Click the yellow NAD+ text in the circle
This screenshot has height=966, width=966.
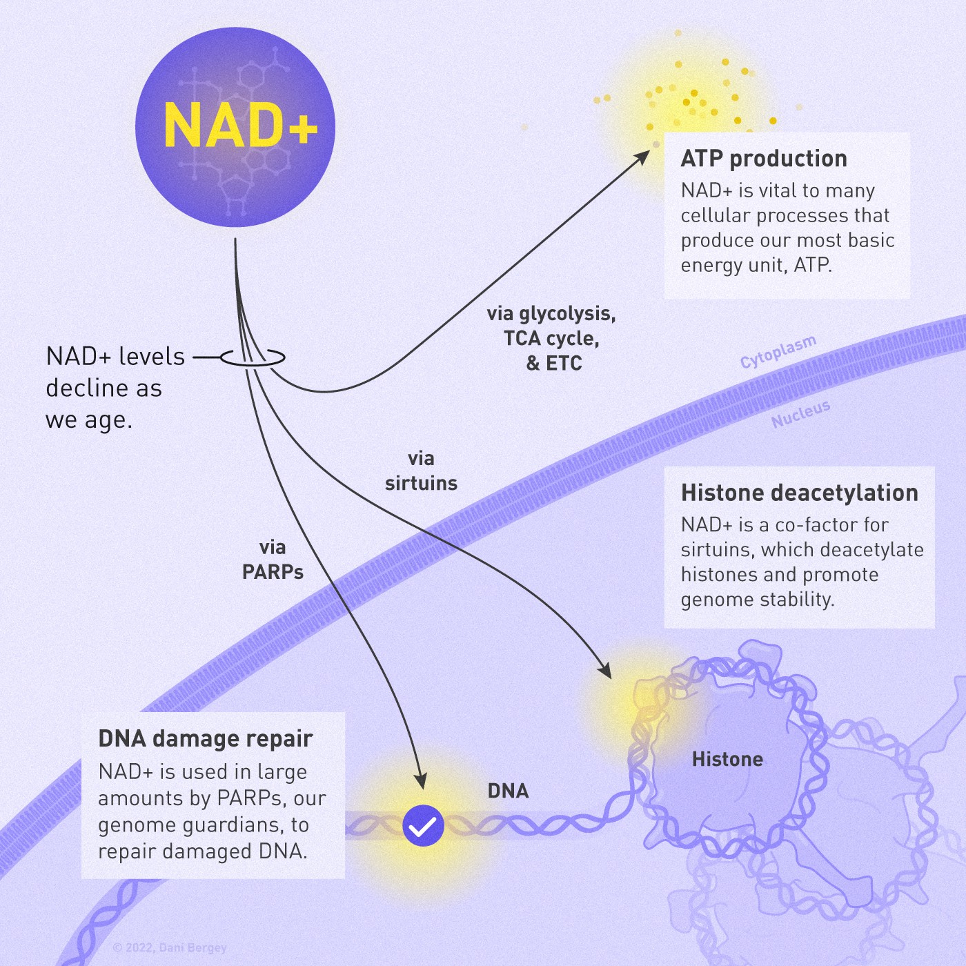240,126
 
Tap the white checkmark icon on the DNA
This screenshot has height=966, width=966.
423,825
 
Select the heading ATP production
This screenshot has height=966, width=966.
764,159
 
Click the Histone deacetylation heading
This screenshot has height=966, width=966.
799,493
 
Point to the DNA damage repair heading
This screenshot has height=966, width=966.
206,738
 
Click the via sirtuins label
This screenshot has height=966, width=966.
421,471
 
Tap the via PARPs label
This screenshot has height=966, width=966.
273,560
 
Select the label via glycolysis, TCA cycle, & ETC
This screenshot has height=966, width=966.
551,338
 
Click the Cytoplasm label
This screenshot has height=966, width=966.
778,352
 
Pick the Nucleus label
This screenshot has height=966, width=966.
800,414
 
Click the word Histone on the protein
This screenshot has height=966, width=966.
727,760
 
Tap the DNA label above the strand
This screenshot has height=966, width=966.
508,791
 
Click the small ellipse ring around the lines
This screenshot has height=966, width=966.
253,357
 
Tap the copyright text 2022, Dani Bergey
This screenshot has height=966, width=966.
170,948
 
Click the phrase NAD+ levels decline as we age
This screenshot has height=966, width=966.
115,388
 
